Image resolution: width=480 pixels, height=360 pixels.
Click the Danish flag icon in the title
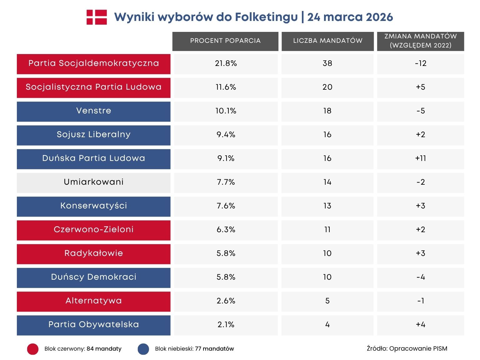coord(97,17)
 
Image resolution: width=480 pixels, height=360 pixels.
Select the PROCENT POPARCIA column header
coord(225,41)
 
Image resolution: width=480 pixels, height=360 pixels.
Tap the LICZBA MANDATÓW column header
coord(327,41)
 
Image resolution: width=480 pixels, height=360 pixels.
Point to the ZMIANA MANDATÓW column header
coord(420,41)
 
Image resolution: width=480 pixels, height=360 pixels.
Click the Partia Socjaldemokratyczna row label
coord(93,64)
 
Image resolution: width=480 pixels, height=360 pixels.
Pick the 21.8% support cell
coord(226,64)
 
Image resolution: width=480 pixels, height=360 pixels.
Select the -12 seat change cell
coord(420,64)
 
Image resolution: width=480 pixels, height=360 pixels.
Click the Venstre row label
coord(93,111)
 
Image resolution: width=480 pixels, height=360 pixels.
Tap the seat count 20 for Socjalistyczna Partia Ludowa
coord(327,87)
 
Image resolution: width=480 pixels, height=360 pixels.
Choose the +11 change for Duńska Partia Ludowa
coord(420,159)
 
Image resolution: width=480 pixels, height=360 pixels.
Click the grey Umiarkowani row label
coord(93,182)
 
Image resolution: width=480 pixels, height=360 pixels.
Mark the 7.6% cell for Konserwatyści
coord(226,206)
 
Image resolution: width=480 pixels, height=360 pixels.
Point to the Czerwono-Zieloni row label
coord(93,230)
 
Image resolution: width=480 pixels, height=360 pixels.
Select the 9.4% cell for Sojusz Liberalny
coord(226,135)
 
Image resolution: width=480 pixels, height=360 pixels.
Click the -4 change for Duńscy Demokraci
coord(420,277)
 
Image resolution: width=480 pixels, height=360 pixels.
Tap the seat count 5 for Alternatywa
coord(327,301)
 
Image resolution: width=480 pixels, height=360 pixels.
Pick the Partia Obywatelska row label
coord(93,325)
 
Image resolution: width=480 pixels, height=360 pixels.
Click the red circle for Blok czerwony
coord(33,349)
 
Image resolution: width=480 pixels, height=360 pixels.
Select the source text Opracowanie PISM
coord(418,349)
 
